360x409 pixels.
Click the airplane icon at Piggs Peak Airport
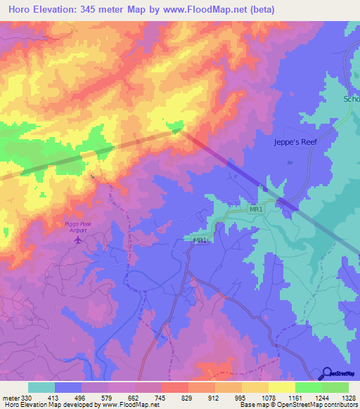[x=77, y=240]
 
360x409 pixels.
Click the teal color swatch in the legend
[x=41, y=387]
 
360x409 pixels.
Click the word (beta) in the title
[x=260, y=10]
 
